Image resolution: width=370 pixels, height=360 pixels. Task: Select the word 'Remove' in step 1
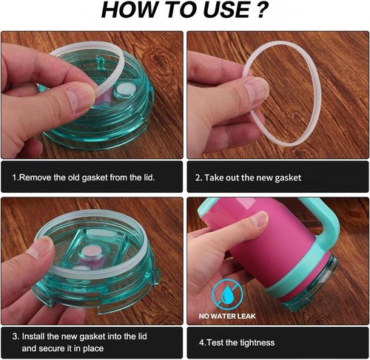point(35,177)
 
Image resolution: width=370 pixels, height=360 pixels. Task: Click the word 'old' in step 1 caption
point(74,177)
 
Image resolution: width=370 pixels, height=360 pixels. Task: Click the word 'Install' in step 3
point(33,336)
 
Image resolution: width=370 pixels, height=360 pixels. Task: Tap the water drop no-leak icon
point(227,294)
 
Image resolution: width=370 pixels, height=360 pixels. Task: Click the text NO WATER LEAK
point(227,316)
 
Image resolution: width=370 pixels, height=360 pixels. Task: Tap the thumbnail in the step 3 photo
point(40,246)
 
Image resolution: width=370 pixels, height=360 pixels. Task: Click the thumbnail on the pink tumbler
point(259,218)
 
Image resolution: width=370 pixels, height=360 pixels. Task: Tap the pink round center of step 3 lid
point(91,252)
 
